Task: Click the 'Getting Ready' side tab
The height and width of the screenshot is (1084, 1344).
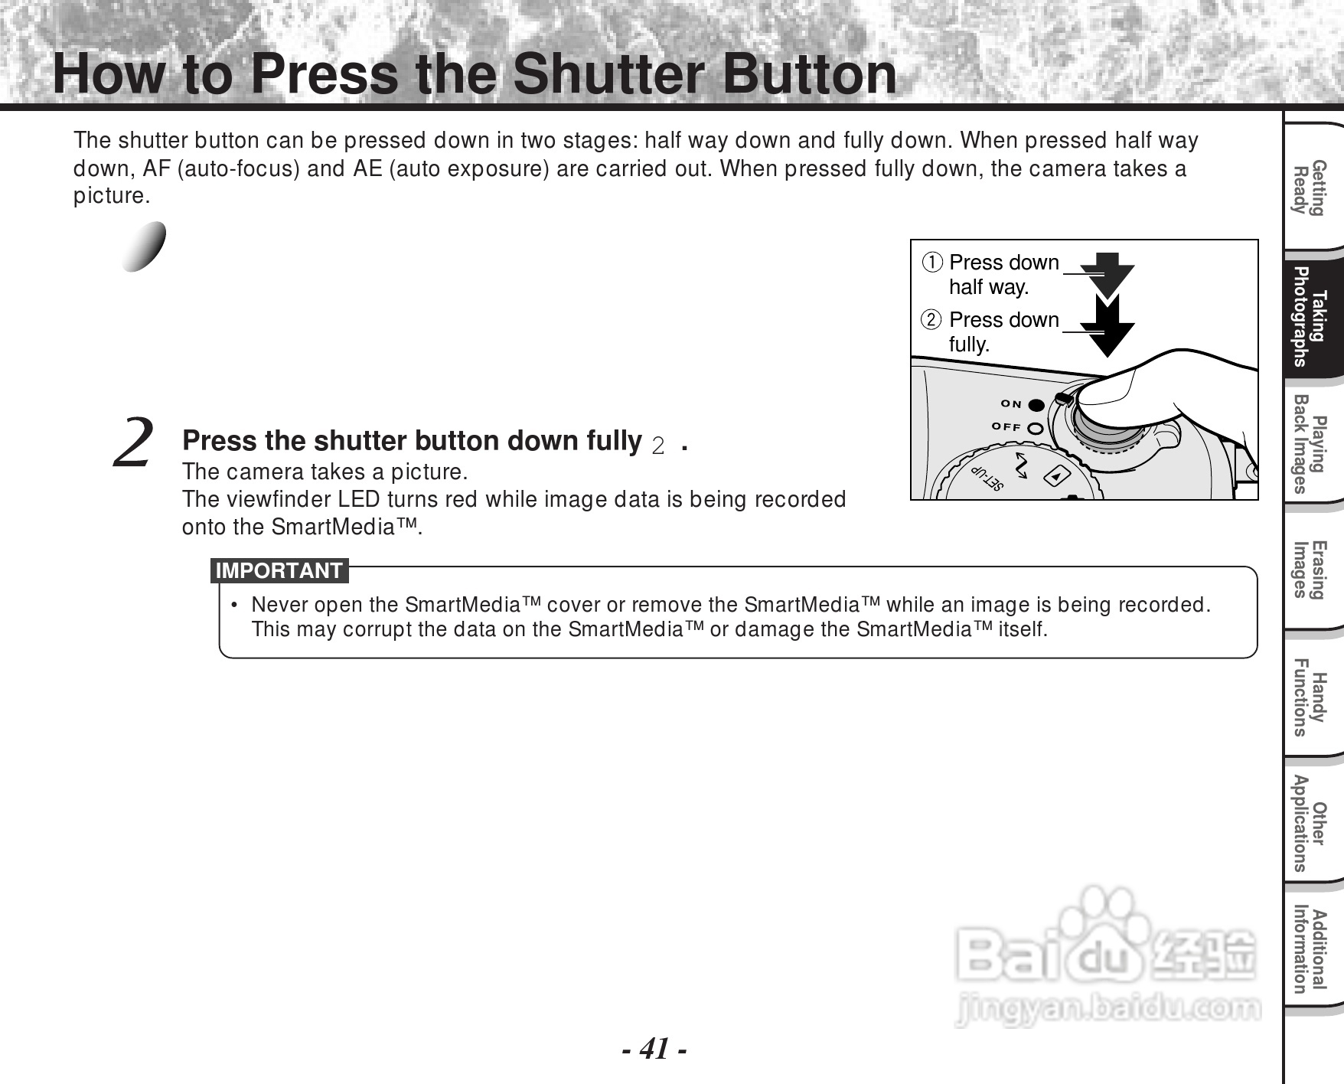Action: point(1308,188)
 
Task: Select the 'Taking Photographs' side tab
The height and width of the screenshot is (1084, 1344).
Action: point(1308,317)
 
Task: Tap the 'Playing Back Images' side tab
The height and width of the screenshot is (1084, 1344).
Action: point(1308,443)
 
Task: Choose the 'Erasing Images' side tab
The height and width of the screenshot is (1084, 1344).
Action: point(1308,570)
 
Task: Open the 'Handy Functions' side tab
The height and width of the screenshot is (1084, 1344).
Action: point(1308,697)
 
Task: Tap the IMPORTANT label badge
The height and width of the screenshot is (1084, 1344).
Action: point(279,571)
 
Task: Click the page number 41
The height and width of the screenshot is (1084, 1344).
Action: point(654,1048)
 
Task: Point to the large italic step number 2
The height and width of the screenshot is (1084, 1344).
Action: point(132,442)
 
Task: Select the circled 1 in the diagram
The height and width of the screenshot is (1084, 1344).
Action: point(931,263)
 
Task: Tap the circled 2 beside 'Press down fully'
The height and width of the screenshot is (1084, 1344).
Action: point(931,320)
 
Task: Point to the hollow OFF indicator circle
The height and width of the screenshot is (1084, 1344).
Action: point(1036,429)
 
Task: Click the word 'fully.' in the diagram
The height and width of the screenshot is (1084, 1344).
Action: point(969,344)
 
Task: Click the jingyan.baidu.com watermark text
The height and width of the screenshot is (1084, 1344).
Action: point(1107,1009)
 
